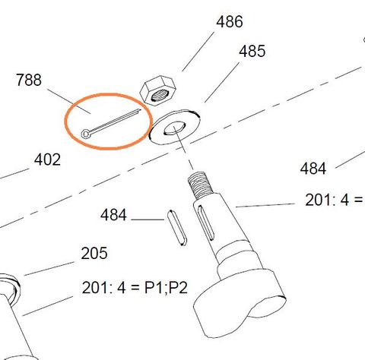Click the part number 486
[x=230, y=21]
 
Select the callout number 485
[x=252, y=52]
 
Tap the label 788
[x=29, y=80]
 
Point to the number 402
[x=46, y=160]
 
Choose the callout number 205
[x=94, y=253]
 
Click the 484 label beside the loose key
[x=114, y=216]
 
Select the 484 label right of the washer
[x=313, y=168]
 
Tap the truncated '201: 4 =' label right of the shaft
[x=332, y=201]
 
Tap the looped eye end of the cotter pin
[x=89, y=134]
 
